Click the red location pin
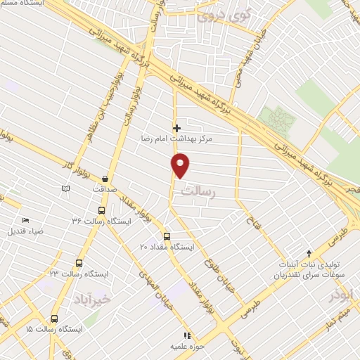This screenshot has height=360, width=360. [x=181, y=166]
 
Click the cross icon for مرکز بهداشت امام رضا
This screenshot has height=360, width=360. [x=176, y=128]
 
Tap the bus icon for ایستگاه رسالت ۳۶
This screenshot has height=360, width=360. [x=101, y=210]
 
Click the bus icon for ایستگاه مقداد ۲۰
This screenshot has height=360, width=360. [x=167, y=236]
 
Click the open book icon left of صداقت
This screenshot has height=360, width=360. [x=65, y=188]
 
